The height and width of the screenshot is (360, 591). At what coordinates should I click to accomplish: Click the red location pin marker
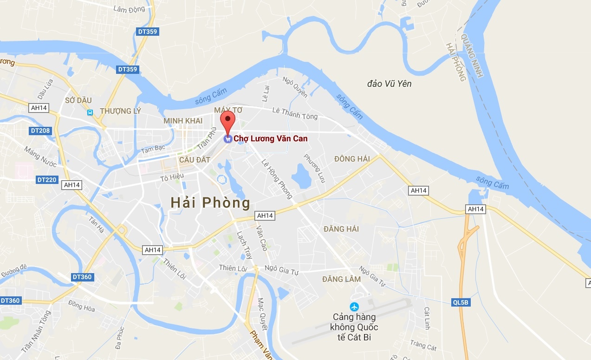(x=227, y=120)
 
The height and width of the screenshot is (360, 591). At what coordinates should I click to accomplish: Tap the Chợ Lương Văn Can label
(x=270, y=138)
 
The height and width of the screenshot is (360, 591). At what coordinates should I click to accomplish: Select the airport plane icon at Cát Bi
(x=355, y=307)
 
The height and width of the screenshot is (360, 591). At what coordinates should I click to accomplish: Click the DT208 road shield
(x=40, y=131)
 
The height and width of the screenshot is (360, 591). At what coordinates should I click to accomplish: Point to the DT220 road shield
(x=46, y=179)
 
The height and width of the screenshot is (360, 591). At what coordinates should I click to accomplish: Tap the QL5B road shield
(x=461, y=302)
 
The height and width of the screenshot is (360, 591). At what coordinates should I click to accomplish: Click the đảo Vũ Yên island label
(x=389, y=84)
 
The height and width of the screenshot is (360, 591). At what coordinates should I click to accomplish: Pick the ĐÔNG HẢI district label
(x=352, y=159)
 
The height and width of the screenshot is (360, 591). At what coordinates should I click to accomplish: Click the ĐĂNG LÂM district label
(x=341, y=279)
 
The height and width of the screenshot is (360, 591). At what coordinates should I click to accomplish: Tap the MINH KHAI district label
(x=183, y=121)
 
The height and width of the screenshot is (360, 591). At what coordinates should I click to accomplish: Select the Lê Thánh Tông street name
(x=295, y=113)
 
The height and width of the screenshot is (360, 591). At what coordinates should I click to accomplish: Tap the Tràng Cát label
(x=423, y=346)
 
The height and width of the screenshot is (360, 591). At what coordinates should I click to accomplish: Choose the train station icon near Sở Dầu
(x=90, y=112)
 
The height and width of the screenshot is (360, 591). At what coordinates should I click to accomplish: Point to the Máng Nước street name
(x=40, y=157)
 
